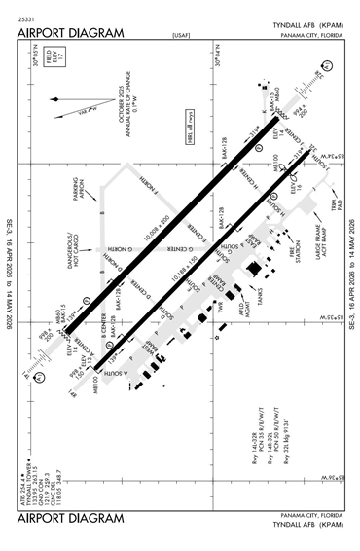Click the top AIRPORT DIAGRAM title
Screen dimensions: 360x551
[71, 32]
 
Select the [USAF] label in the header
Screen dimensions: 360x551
[180, 34]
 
